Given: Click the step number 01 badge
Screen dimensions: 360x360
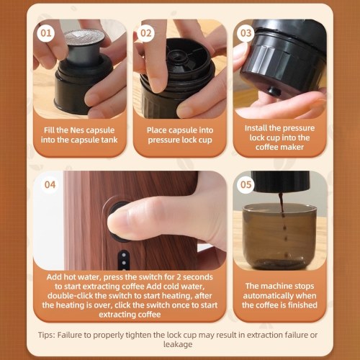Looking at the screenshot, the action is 46,33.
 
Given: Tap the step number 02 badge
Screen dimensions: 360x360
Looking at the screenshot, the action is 145,33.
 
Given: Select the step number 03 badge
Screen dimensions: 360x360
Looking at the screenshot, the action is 246,33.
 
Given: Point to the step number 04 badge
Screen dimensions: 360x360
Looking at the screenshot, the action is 50,184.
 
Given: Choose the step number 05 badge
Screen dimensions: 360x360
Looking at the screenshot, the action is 246,184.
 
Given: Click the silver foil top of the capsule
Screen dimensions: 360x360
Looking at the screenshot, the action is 85,37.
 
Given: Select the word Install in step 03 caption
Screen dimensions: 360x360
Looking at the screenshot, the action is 256,128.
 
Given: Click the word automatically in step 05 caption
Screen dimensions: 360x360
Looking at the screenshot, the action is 279,296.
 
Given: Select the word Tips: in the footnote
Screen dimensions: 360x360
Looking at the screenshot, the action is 46,335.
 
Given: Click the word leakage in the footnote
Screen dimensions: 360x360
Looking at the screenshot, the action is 178,345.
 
